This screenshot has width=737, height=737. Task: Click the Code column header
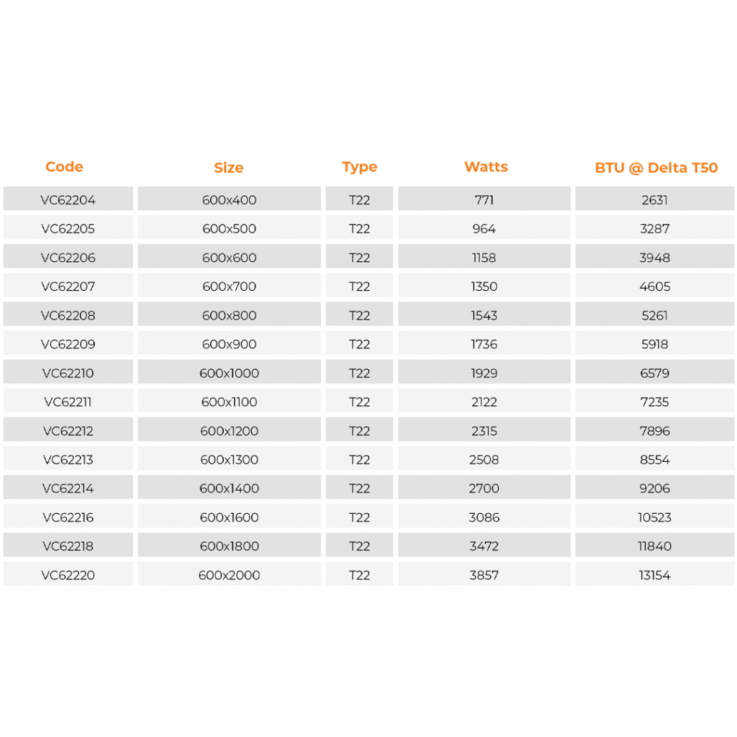click(64, 167)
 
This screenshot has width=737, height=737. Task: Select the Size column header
click(229, 168)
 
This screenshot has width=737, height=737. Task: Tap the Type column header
click(359, 167)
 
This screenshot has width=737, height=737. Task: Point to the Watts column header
click(486, 167)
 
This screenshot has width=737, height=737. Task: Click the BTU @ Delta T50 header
click(656, 168)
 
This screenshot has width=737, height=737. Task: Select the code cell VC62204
click(68, 200)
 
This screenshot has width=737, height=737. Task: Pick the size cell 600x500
click(229, 229)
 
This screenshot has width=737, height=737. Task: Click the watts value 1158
click(484, 258)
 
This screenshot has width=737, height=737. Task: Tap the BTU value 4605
click(655, 286)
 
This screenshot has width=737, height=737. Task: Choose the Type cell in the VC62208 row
click(359, 315)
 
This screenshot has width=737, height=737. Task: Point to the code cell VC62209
click(68, 344)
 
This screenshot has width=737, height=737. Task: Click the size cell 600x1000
click(229, 374)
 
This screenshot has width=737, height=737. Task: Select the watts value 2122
click(484, 402)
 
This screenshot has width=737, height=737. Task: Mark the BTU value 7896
click(655, 431)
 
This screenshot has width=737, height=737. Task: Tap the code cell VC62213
click(68, 460)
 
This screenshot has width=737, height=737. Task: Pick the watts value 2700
click(484, 489)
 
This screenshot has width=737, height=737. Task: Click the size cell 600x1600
click(229, 517)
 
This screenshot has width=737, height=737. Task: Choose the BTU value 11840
click(655, 546)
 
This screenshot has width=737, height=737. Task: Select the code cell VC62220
click(68, 575)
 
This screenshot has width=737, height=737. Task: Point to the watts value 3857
click(484, 575)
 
